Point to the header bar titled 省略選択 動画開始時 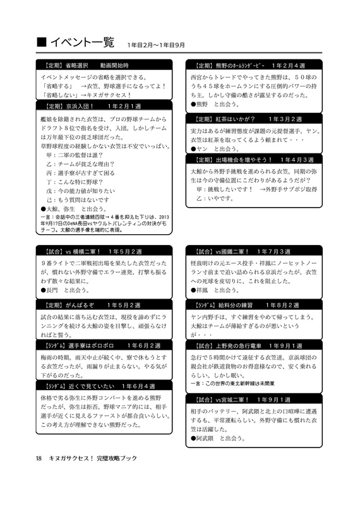coord(104,65)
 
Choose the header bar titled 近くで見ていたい coord(104,386)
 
